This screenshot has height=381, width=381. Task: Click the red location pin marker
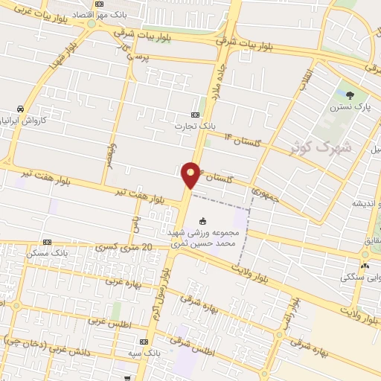pyautogui.click(x=191, y=175)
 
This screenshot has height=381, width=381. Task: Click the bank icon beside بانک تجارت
pyautogui.click(x=195, y=115)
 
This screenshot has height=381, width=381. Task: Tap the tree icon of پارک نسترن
pyautogui.click(x=350, y=94)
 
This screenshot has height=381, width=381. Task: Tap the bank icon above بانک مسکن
pyautogui.click(x=48, y=243)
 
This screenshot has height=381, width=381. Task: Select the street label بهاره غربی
pyautogui.click(x=117, y=281)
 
